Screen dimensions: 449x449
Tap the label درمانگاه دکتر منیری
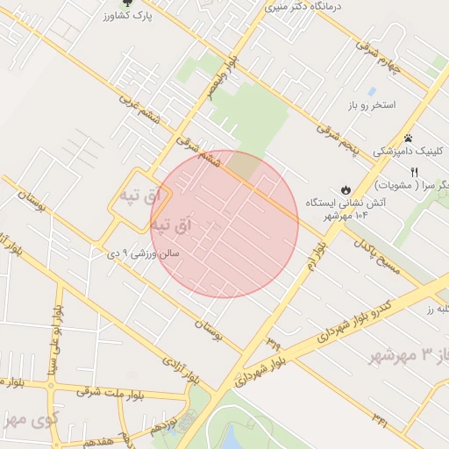click(x=301, y=6)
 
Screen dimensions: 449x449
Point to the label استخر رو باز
click(x=371, y=104)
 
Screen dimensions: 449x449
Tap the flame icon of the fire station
click(x=346, y=189)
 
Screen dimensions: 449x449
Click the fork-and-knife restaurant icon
click(x=414, y=172)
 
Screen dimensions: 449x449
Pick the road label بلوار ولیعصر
click(x=222, y=83)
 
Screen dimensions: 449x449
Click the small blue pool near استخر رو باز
click(x=372, y=91)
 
